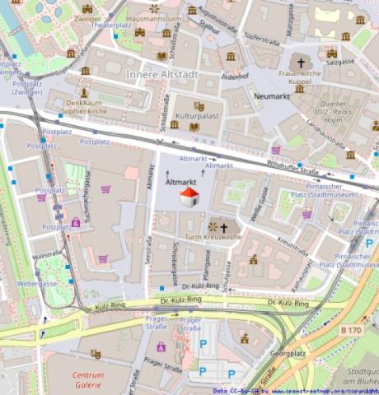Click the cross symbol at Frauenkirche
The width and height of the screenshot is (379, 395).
(x=301, y=63)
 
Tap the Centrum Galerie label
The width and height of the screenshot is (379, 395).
(x=88, y=379)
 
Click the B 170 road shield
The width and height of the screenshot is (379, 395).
(x=351, y=330)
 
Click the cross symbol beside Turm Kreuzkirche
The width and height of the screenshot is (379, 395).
(x=223, y=226)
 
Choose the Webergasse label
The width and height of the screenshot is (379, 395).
(x=36, y=283)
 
